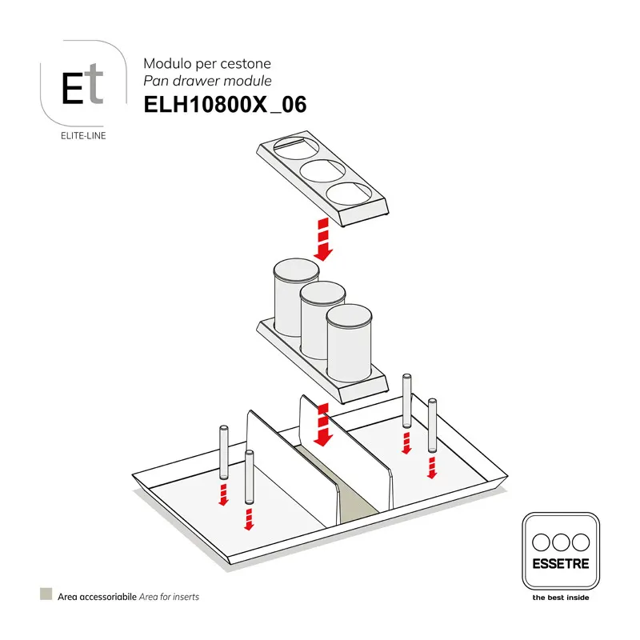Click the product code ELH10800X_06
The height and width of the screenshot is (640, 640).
(225, 105)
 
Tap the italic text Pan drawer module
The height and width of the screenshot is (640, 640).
(207, 81)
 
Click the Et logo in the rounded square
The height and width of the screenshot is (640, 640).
(83, 83)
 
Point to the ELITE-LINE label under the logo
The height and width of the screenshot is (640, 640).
(83, 135)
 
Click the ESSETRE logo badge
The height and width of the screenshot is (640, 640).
(560, 552)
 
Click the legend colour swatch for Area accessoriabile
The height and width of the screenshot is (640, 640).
(46, 595)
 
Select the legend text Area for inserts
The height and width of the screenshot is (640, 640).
(169, 596)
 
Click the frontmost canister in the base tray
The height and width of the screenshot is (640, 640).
(349, 344)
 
